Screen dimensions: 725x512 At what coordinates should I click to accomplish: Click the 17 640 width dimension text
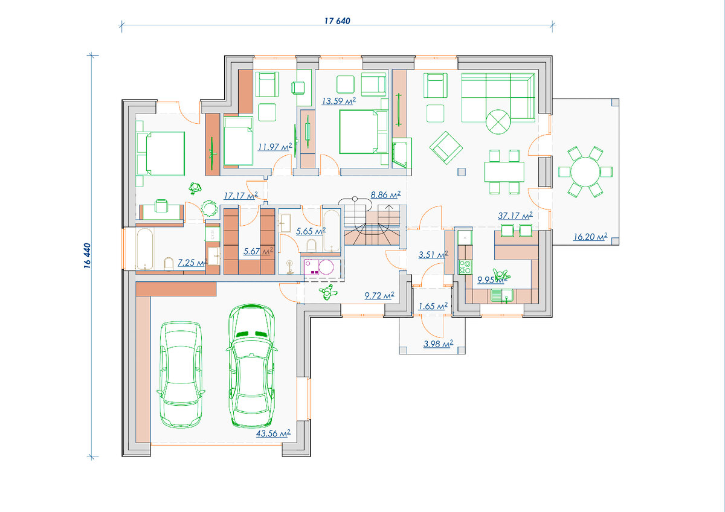(x=337, y=21)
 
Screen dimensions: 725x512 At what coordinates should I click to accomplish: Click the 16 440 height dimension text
(x=88, y=255)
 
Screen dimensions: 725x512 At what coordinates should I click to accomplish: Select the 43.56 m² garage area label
(x=273, y=434)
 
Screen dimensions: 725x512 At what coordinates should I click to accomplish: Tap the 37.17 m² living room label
(x=515, y=216)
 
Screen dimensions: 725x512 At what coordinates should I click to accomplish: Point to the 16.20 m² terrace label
(x=590, y=237)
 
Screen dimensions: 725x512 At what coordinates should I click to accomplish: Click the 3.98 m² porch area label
(x=438, y=344)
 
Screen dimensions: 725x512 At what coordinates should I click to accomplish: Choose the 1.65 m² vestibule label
(x=433, y=306)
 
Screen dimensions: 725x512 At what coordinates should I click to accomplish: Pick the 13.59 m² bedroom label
(x=339, y=101)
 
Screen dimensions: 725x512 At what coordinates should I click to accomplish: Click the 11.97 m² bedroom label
(x=275, y=147)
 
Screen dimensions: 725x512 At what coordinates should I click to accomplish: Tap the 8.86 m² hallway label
(x=385, y=194)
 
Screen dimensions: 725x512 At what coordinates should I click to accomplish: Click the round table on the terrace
(x=585, y=171)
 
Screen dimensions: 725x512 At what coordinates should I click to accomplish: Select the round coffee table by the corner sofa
(x=498, y=122)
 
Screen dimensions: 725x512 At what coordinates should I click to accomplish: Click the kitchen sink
(x=501, y=296)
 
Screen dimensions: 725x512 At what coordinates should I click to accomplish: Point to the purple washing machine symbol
(x=319, y=267)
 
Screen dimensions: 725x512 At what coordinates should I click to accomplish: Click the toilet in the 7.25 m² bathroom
(x=169, y=263)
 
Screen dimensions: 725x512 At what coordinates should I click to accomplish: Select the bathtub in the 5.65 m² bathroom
(x=332, y=231)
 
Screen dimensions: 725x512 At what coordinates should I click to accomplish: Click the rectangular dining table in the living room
(x=504, y=171)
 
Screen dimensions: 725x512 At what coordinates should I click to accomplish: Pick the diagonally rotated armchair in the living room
(x=446, y=147)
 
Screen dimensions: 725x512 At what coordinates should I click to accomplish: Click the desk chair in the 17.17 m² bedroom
(x=161, y=205)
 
